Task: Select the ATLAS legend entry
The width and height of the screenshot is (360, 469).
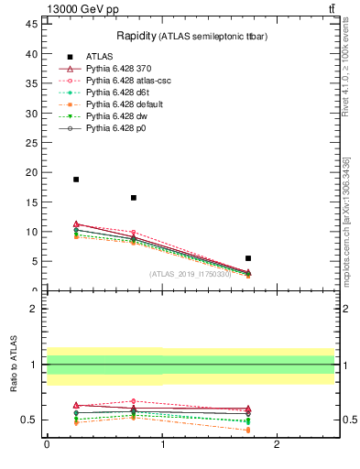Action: pyautogui.click(x=100, y=57)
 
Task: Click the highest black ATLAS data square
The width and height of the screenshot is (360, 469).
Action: pyautogui.click(x=76, y=180)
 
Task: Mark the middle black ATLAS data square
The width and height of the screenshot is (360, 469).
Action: pyautogui.click(x=134, y=198)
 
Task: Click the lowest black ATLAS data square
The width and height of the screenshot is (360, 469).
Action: pyautogui.click(x=248, y=258)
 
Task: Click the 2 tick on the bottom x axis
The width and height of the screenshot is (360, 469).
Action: pyautogui.click(x=277, y=444)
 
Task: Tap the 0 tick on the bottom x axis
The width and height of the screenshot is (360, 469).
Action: pyautogui.click(x=47, y=444)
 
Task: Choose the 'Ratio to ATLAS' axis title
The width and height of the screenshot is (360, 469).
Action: pyautogui.click(x=14, y=365)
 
